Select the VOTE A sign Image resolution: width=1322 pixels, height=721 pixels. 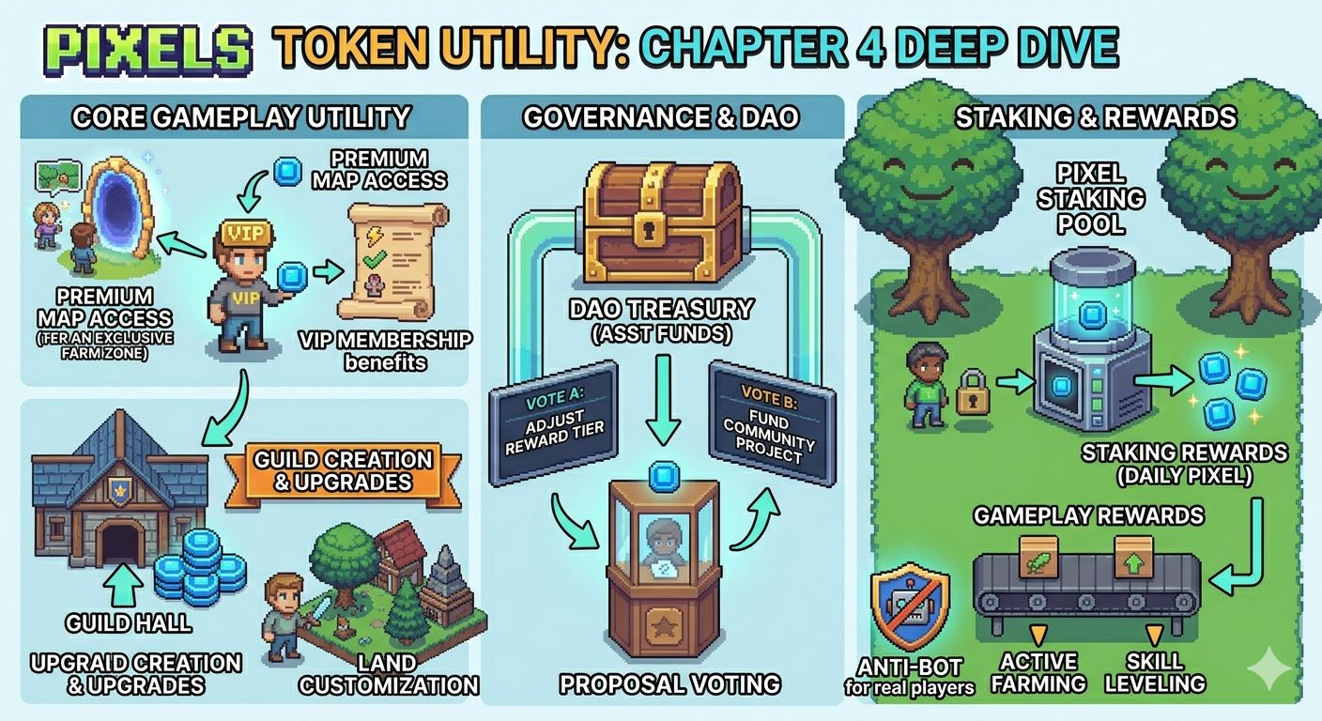553,422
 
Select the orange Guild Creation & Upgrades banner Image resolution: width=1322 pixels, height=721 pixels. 343,469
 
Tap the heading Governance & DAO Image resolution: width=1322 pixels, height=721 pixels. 661,117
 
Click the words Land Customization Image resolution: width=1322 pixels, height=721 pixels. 388,674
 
